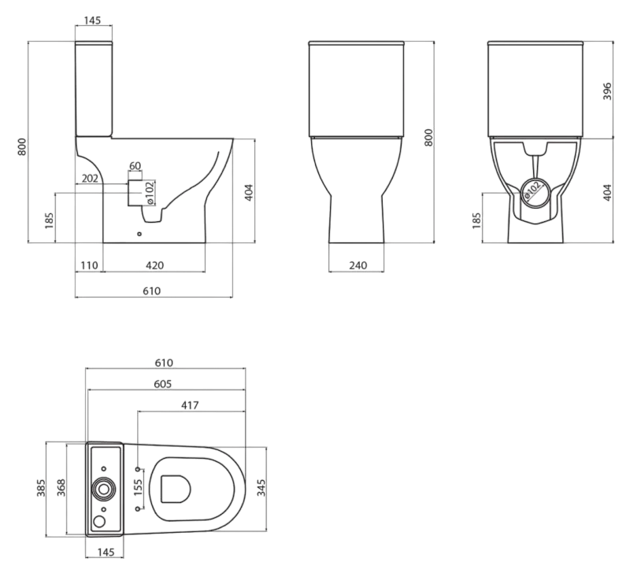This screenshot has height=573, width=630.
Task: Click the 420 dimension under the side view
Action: coord(154,265)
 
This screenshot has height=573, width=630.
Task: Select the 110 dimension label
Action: coord(89,265)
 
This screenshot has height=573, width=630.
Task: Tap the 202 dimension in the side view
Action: coord(90,179)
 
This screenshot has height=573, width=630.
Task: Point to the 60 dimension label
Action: coord(135,165)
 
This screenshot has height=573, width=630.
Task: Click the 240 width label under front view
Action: coord(358,265)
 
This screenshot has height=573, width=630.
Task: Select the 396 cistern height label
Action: coord(606,91)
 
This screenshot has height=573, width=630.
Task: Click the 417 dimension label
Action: coord(189,405)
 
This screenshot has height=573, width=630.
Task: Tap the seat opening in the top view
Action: coord(175,489)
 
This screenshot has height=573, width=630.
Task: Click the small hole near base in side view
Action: coord(139,234)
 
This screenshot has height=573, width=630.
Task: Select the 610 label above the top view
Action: coord(163,363)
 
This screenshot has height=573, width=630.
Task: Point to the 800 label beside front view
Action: coord(428,139)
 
